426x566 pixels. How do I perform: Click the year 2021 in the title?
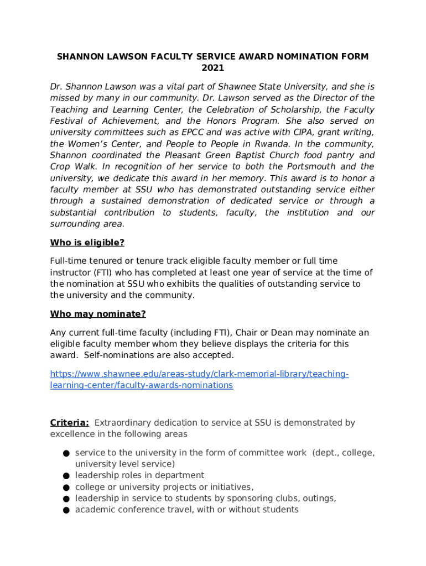click(x=213, y=68)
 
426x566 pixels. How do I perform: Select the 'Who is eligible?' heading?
click(x=87, y=243)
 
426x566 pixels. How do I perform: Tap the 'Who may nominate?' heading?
click(x=98, y=314)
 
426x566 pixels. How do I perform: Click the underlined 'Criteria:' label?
click(x=70, y=423)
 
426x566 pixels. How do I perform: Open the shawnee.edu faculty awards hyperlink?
click(x=199, y=380)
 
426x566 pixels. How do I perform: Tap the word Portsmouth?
click(x=307, y=167)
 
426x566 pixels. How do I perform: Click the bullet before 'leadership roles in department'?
click(x=65, y=476)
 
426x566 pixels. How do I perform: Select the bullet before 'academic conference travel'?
click(x=65, y=510)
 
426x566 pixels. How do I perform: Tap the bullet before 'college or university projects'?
click(x=65, y=488)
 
